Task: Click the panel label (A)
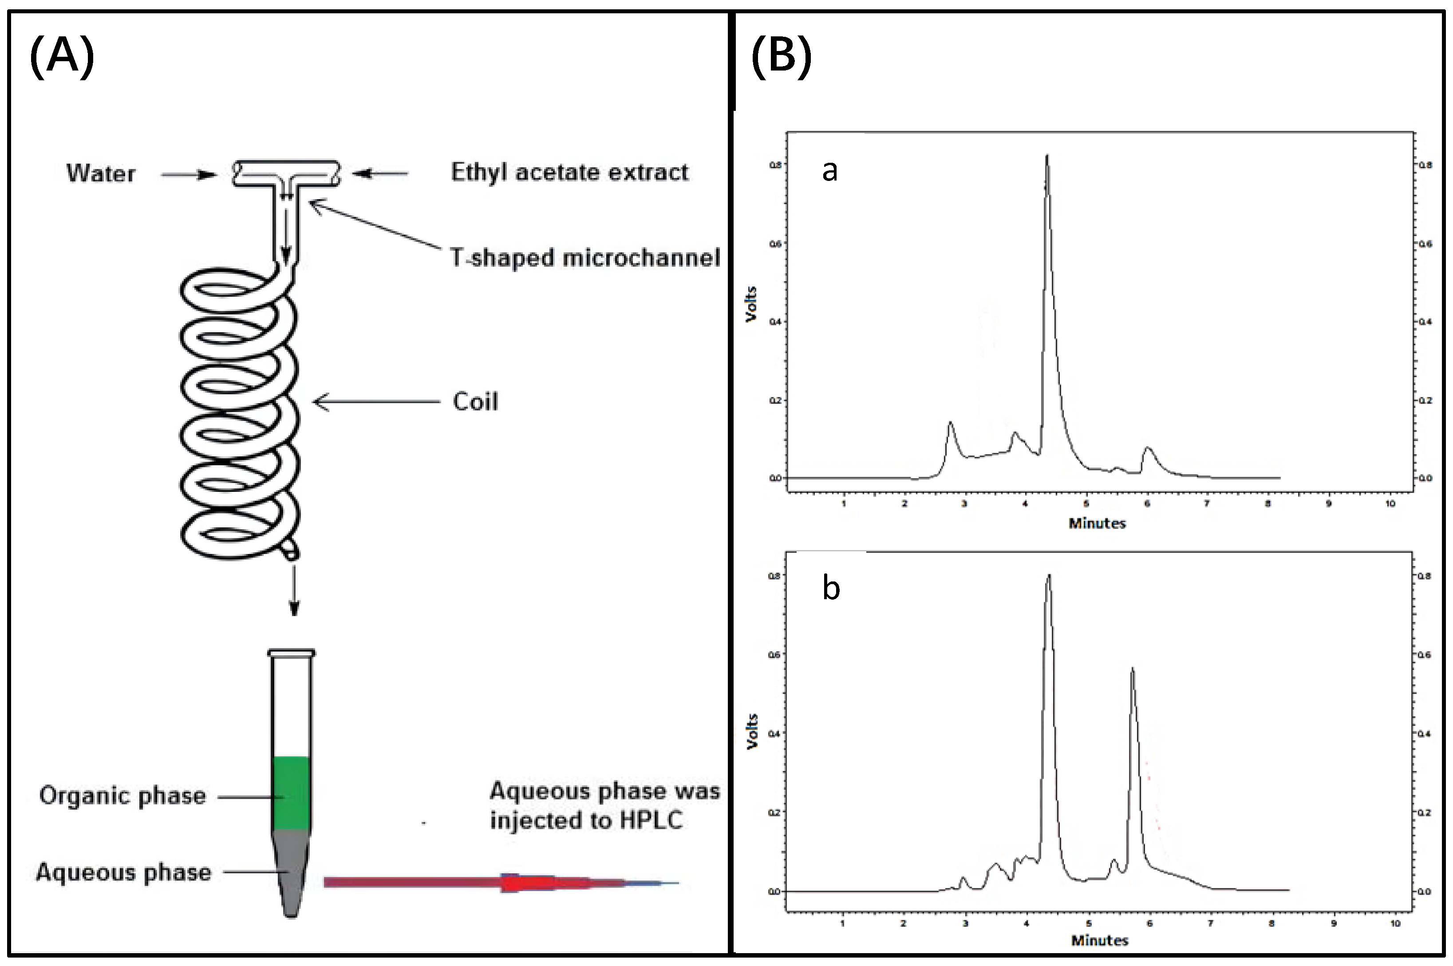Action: pyautogui.click(x=62, y=57)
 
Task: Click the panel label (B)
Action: pyautogui.click(x=781, y=57)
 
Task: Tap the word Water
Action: pyautogui.click(x=100, y=174)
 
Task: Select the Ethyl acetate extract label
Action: pyautogui.click(x=569, y=173)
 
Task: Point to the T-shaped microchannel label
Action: pyautogui.click(x=585, y=258)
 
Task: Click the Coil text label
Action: pyautogui.click(x=475, y=402)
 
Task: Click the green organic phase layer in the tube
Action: pyautogui.click(x=291, y=792)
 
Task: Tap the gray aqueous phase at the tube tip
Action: pyautogui.click(x=291, y=875)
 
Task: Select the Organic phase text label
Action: pyautogui.click(x=122, y=796)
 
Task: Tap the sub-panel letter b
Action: pyautogui.click(x=830, y=589)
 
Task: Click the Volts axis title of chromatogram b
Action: pyautogui.click(x=751, y=731)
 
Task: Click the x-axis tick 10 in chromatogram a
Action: pyautogui.click(x=1390, y=503)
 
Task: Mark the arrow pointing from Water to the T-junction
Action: pyautogui.click(x=189, y=175)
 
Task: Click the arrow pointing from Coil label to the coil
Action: pyautogui.click(x=376, y=402)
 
